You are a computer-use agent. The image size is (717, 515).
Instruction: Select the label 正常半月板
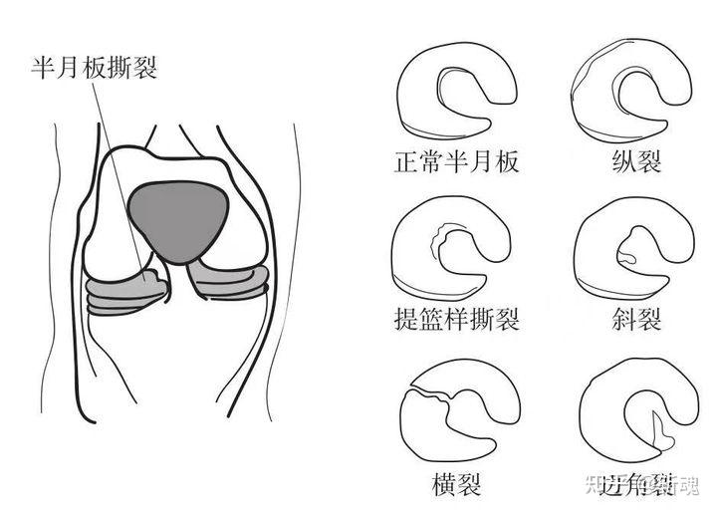click(457, 161)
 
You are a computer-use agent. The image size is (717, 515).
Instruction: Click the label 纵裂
click(638, 161)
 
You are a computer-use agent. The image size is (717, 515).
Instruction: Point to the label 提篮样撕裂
click(457, 319)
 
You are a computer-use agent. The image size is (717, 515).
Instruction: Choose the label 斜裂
click(638, 319)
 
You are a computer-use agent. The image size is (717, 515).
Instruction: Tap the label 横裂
click(457, 485)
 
